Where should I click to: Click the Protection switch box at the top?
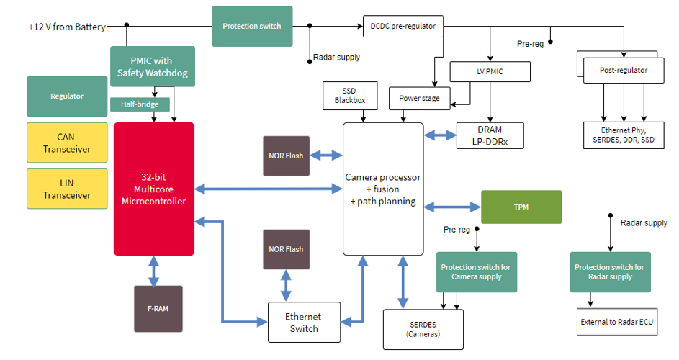coord(252,27)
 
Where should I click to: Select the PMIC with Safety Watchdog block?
coord(153,66)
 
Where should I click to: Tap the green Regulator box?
coord(67,96)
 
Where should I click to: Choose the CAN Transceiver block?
coord(67,143)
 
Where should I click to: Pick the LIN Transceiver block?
coord(67,189)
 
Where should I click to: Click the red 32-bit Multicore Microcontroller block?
coord(154,189)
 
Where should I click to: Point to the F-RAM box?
coord(158,309)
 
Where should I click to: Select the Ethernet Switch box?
coord(303,322)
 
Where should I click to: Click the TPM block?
coord(521,207)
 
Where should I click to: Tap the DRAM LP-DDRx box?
coord(490,135)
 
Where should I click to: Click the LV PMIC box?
coord(490,71)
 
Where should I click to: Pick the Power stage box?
coord(419,98)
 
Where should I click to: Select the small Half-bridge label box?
coord(140,104)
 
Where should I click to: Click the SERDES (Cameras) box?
coord(423,328)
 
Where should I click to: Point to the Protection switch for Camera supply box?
coord(476,271)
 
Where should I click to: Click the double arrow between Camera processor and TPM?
coord(452,207)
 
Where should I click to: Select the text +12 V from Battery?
coord(67,27)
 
